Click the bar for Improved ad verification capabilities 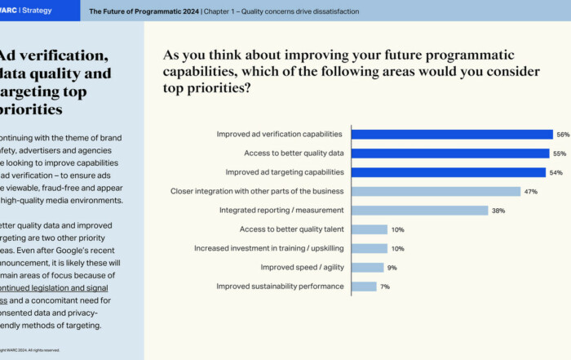[x=452, y=135]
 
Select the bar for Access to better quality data [x=450, y=153]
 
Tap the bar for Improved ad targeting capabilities [x=448, y=172]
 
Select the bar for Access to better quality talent [x=369, y=229]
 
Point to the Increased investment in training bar [x=369, y=248]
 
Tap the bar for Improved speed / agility [x=367, y=267]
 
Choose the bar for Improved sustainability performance [x=364, y=287]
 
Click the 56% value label [x=563, y=135]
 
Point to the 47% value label [x=531, y=191]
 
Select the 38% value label [x=498, y=211]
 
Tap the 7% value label [x=385, y=287]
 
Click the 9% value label [x=392, y=267]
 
